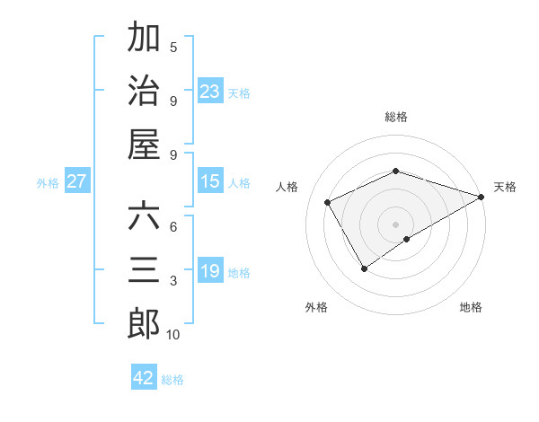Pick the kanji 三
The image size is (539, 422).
tap(144, 270)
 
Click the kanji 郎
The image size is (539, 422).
tap(144, 324)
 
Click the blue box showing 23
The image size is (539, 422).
tap(210, 91)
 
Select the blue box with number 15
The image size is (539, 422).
tap(210, 181)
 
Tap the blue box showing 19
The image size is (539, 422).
tap(210, 271)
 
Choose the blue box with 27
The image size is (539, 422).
tap(77, 181)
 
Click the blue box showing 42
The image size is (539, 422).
tap(144, 378)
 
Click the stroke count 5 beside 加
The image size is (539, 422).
tap(173, 47)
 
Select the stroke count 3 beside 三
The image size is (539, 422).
tap(173, 281)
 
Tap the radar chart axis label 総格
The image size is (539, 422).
tap(395, 117)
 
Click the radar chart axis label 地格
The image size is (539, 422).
tap(471, 307)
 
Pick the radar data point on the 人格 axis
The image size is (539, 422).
tap(328, 202)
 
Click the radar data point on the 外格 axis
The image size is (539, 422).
tap(364, 268)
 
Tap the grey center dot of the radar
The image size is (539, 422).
tap(395, 224)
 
